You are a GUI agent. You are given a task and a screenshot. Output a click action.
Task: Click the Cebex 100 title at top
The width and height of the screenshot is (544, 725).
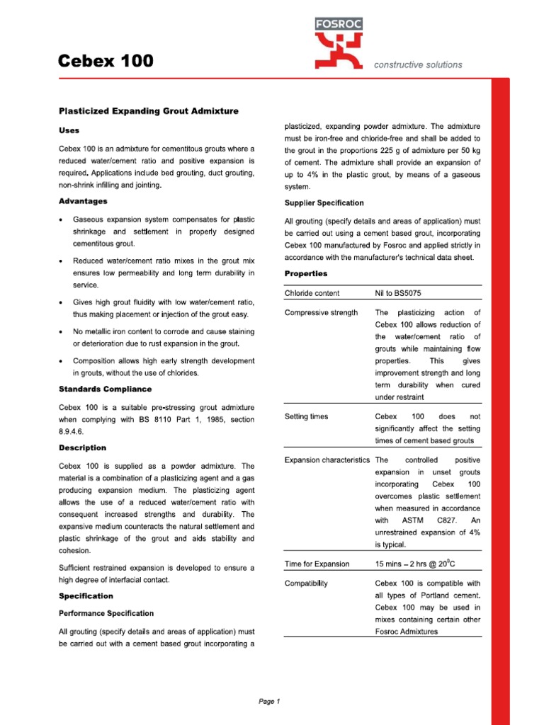click(x=105, y=62)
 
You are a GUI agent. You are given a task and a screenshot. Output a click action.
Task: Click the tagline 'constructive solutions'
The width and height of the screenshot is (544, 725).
click(x=418, y=64)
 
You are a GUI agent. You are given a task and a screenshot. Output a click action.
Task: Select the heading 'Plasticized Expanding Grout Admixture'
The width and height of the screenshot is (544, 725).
click(x=148, y=111)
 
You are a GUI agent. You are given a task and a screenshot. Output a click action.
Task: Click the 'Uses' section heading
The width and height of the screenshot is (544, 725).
click(x=69, y=130)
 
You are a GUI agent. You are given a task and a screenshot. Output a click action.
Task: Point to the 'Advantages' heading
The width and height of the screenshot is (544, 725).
click(x=83, y=201)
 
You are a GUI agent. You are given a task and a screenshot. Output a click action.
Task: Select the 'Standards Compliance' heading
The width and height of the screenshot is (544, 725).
click(x=105, y=389)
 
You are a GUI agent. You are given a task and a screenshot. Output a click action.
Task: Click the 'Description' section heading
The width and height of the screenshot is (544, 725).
click(x=82, y=447)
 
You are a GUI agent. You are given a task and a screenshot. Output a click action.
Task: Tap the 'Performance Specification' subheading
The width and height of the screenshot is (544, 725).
click(x=106, y=613)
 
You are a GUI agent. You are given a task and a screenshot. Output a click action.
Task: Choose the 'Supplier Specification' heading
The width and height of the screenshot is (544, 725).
click(x=324, y=202)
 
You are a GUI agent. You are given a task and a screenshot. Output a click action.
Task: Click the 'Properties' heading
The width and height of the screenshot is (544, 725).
click(x=306, y=273)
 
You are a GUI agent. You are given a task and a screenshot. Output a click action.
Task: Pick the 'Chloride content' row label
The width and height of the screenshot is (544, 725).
click(x=312, y=293)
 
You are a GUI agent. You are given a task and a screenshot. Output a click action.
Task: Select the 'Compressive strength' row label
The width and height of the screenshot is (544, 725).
click(x=321, y=312)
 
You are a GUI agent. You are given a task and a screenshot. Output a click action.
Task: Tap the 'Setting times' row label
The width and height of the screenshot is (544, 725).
click(x=306, y=416)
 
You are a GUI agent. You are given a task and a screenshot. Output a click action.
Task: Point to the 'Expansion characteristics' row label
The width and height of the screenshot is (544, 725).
click(x=327, y=460)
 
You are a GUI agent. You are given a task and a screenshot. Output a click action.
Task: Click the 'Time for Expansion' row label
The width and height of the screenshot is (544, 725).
click(x=317, y=564)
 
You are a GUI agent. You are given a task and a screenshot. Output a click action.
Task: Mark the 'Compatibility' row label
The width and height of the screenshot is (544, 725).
click(x=306, y=583)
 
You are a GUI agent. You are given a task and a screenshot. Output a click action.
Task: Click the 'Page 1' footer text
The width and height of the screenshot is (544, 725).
click(x=270, y=702)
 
